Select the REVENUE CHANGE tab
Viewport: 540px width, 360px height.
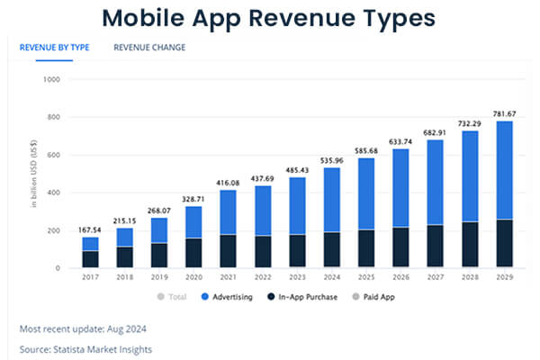(149, 48)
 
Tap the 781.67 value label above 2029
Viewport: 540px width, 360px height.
(507, 112)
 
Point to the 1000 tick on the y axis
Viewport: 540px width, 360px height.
(50, 79)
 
